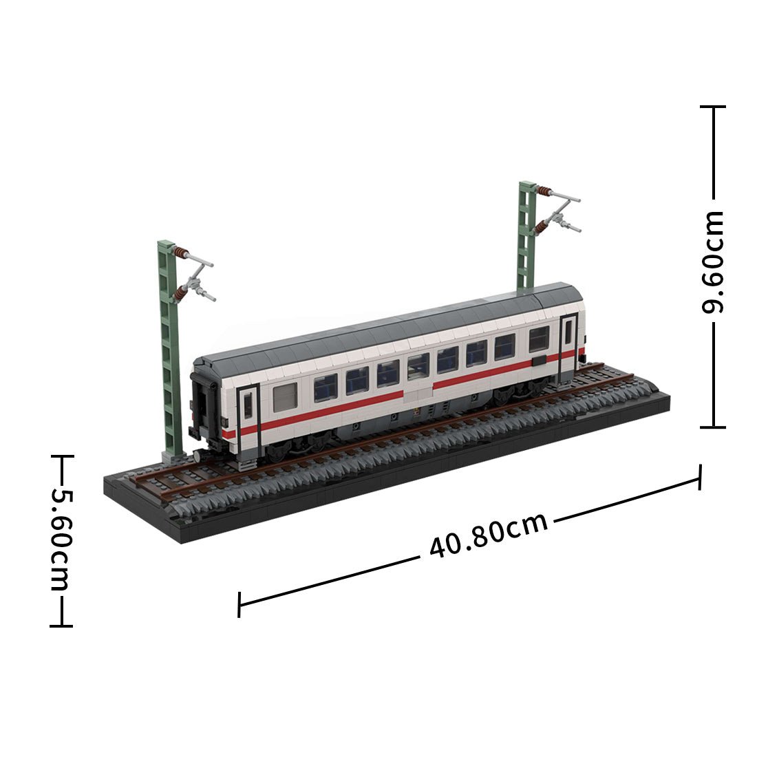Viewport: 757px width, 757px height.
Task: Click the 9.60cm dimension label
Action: coord(713,262)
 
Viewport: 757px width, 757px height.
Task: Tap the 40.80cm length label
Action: coord(488,535)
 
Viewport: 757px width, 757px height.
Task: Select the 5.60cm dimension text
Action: coord(61,540)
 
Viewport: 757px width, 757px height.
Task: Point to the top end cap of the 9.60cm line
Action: coord(713,107)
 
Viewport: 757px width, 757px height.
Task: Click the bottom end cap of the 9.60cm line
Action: coord(713,427)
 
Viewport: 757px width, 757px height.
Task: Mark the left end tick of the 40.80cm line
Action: coord(239,604)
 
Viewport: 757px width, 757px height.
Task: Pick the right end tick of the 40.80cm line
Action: coord(701,477)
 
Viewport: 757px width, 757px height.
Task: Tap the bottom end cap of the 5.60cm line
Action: coord(61,626)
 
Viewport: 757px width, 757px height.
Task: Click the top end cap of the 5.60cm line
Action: coord(61,455)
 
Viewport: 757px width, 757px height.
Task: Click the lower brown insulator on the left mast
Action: coord(180,294)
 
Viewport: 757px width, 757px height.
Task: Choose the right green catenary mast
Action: coord(526,234)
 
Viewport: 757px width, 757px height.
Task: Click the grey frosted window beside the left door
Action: coord(285,397)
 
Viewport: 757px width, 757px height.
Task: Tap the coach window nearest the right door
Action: coord(538,339)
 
